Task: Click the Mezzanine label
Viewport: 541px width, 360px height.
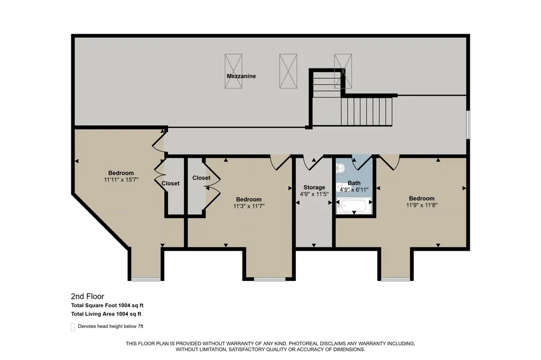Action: point(241,76)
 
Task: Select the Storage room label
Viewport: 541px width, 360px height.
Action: point(314,187)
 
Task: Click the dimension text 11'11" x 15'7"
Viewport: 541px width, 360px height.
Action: point(121,179)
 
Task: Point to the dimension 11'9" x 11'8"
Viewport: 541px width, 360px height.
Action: point(422,205)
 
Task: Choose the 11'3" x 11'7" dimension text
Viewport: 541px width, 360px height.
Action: point(249,206)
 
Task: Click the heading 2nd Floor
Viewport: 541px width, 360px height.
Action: point(88,296)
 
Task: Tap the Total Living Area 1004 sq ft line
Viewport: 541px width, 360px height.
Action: point(106,314)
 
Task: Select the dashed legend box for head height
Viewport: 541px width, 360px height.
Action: point(73,327)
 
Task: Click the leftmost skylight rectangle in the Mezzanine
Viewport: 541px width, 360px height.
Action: point(233,71)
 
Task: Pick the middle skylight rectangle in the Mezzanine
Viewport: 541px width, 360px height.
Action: point(288,71)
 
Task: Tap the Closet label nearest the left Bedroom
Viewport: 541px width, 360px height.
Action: point(171,184)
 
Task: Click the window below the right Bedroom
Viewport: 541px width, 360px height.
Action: point(397,279)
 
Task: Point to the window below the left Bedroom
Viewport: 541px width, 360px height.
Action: point(146,279)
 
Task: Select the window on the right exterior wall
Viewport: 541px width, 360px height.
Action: point(468,125)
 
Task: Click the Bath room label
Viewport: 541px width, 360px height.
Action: point(354,183)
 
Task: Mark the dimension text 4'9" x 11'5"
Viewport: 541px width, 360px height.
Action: point(314,194)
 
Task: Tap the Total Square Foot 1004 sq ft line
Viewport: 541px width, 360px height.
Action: point(107,305)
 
